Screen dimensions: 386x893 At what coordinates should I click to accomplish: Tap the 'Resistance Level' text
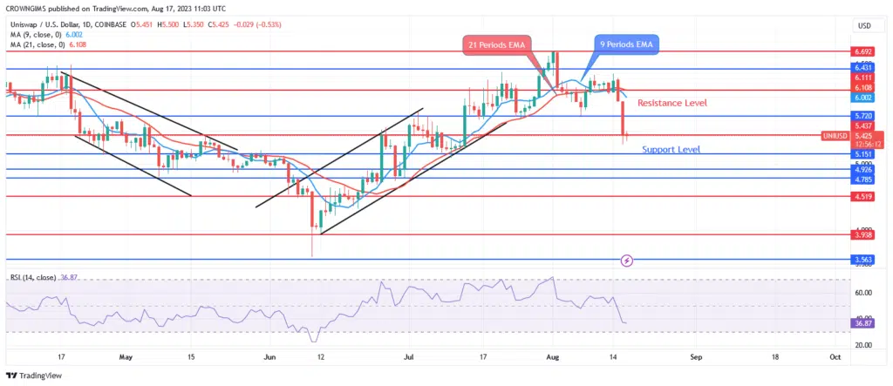tap(671, 103)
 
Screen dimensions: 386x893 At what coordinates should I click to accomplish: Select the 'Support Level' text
tap(671, 150)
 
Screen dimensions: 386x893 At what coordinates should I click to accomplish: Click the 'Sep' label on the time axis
tap(696, 357)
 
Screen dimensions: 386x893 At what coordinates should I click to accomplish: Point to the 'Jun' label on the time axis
tap(269, 357)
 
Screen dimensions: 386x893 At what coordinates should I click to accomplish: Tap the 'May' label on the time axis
tap(126, 357)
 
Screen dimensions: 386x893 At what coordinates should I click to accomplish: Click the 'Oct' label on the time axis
tap(835, 357)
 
